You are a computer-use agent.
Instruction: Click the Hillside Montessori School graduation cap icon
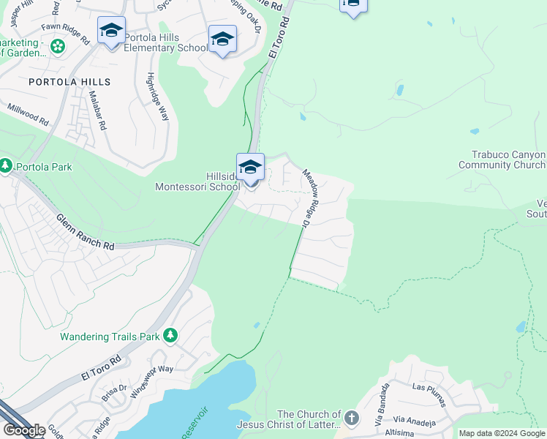tap(250, 167)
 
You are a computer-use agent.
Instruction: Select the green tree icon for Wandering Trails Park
tap(170, 335)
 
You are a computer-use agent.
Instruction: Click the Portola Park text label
tap(45, 167)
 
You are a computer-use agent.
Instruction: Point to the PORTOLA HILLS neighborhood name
tap(69, 82)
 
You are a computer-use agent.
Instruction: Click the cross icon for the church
tap(352, 419)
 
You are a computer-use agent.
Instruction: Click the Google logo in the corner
tap(24, 429)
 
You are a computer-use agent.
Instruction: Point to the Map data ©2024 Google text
tap(502, 433)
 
